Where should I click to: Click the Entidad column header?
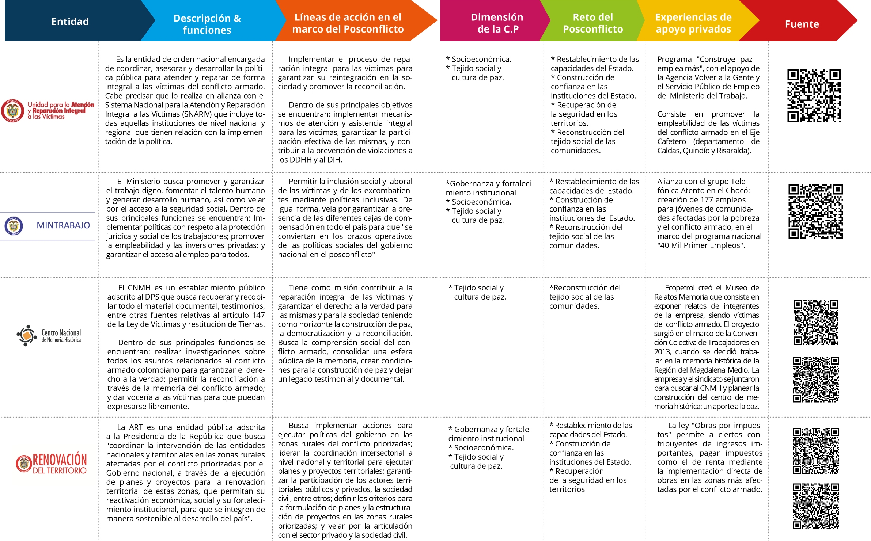pos(70,22)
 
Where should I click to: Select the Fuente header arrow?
pos(802,24)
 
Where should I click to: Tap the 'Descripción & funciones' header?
pos(207,24)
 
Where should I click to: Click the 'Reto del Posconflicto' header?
pos(592,23)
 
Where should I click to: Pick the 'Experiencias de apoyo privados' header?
pos(693,23)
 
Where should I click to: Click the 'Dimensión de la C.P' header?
pos(497,23)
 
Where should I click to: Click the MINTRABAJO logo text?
pos(63,225)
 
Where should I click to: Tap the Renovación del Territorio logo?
pos(52,463)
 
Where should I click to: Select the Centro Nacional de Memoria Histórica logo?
pos(49,335)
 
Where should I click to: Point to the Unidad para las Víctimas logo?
pos(48,110)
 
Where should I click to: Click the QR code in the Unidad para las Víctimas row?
pos(814,95)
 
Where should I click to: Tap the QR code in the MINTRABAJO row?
pos(815,212)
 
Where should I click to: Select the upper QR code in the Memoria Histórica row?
pos(815,323)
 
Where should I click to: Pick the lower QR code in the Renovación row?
pos(815,506)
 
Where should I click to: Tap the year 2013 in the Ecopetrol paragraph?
pos(662,352)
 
